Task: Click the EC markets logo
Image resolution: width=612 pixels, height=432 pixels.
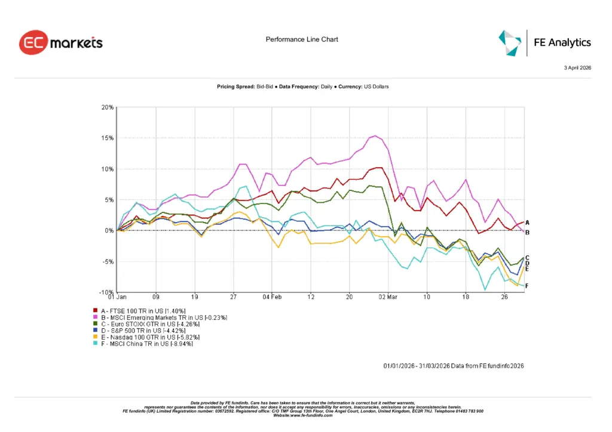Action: pos(60,43)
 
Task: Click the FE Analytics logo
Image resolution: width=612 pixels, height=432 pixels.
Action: pos(544,42)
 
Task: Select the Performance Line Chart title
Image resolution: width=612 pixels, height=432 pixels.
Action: pos(302,39)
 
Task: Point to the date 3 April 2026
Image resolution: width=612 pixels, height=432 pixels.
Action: pos(577,68)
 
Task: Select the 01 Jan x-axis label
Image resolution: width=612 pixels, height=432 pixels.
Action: pos(117,297)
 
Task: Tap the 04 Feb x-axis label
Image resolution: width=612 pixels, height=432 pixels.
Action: pos(272,297)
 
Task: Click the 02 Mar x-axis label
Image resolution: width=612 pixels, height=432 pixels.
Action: pos(388,297)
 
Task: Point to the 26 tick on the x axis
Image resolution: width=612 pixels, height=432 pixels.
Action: pos(504,297)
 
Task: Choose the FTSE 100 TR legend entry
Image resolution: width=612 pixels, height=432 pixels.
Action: pos(143,311)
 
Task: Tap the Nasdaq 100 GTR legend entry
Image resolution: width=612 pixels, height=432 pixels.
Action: pos(147,337)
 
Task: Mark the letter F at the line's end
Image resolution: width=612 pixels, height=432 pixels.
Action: pos(527,286)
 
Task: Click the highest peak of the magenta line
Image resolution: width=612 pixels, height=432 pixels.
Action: pos(375,135)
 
